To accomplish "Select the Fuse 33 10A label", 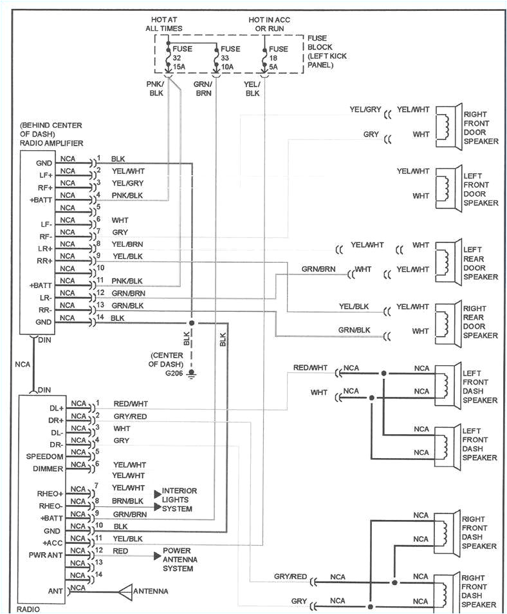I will (230, 57).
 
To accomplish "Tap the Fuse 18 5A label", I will (279, 57).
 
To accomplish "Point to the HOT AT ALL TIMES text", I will (166, 24).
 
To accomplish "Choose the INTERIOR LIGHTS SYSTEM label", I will (180, 500).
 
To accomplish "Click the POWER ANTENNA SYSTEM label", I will (180, 559).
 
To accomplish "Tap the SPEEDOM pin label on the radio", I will (45, 456).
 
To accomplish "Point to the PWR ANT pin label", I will (47, 554).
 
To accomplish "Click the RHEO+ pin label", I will (50, 494).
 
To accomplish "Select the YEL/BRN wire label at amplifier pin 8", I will (127, 244).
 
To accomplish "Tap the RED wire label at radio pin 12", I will (120, 551).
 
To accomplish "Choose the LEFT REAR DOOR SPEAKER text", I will (481, 263).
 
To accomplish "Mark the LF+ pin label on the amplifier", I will (45, 175).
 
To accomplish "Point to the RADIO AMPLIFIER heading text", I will (51, 142).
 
